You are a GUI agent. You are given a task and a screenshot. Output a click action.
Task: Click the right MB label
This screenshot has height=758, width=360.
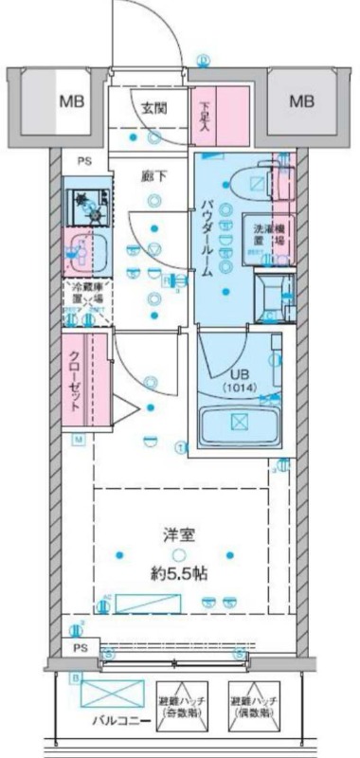[x=300, y=100]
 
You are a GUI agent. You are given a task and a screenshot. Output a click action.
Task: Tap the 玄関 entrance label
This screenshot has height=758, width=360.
[x=156, y=108]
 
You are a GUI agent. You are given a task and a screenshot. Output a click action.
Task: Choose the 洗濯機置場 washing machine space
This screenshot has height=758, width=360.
[x=271, y=234]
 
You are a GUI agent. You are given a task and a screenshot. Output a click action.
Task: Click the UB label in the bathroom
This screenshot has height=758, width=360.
[x=234, y=373]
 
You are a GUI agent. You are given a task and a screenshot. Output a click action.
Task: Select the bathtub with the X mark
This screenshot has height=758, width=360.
[x=239, y=423]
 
